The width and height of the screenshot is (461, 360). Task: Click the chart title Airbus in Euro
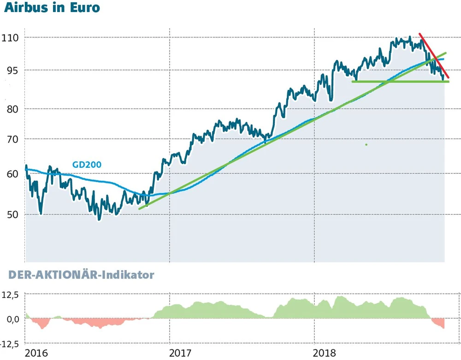[x=52, y=8]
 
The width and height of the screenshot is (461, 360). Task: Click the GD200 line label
[x=87, y=165]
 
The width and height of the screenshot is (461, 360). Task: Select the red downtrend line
[x=434, y=55]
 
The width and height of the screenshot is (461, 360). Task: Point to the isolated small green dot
[x=366, y=145]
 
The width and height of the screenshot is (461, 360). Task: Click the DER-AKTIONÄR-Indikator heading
[x=81, y=275]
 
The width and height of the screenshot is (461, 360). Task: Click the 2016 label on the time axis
[x=36, y=354]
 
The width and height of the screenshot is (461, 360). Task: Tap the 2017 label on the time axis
[x=180, y=354]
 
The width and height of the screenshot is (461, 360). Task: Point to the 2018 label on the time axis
[x=325, y=354]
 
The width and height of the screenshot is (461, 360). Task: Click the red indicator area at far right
[x=439, y=323]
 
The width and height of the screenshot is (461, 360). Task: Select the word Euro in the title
[x=83, y=8]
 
